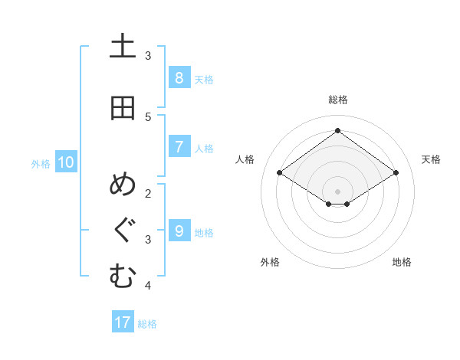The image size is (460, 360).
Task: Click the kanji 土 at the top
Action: pos(123,47)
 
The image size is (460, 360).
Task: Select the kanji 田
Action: pos(123,108)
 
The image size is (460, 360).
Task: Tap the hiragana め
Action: pos(123,186)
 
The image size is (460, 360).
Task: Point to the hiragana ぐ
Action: pos(123,231)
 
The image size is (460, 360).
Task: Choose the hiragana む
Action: pos(123,277)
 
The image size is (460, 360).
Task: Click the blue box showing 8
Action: pos(179,78)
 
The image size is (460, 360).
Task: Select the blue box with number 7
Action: pos(179,147)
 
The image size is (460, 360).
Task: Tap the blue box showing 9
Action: pos(179,231)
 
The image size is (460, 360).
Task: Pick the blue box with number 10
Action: pos(65,162)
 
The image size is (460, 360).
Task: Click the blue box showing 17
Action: pos(123,322)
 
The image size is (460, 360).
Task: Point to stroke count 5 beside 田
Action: pos(148,116)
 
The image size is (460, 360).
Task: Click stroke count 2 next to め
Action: pos(148,193)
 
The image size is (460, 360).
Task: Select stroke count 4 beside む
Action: pos(148,286)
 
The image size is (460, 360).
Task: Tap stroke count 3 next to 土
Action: pos(148,55)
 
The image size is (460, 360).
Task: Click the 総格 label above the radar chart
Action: pos(337,100)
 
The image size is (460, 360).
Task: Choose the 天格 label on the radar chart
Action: pos(431,159)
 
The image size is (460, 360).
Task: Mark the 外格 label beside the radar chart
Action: pos(269,262)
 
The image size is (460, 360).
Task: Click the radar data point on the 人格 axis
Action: pos(279,173)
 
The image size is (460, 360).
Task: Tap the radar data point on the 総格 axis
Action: pos(337,130)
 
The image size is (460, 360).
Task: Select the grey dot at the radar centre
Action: pos(337,191)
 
